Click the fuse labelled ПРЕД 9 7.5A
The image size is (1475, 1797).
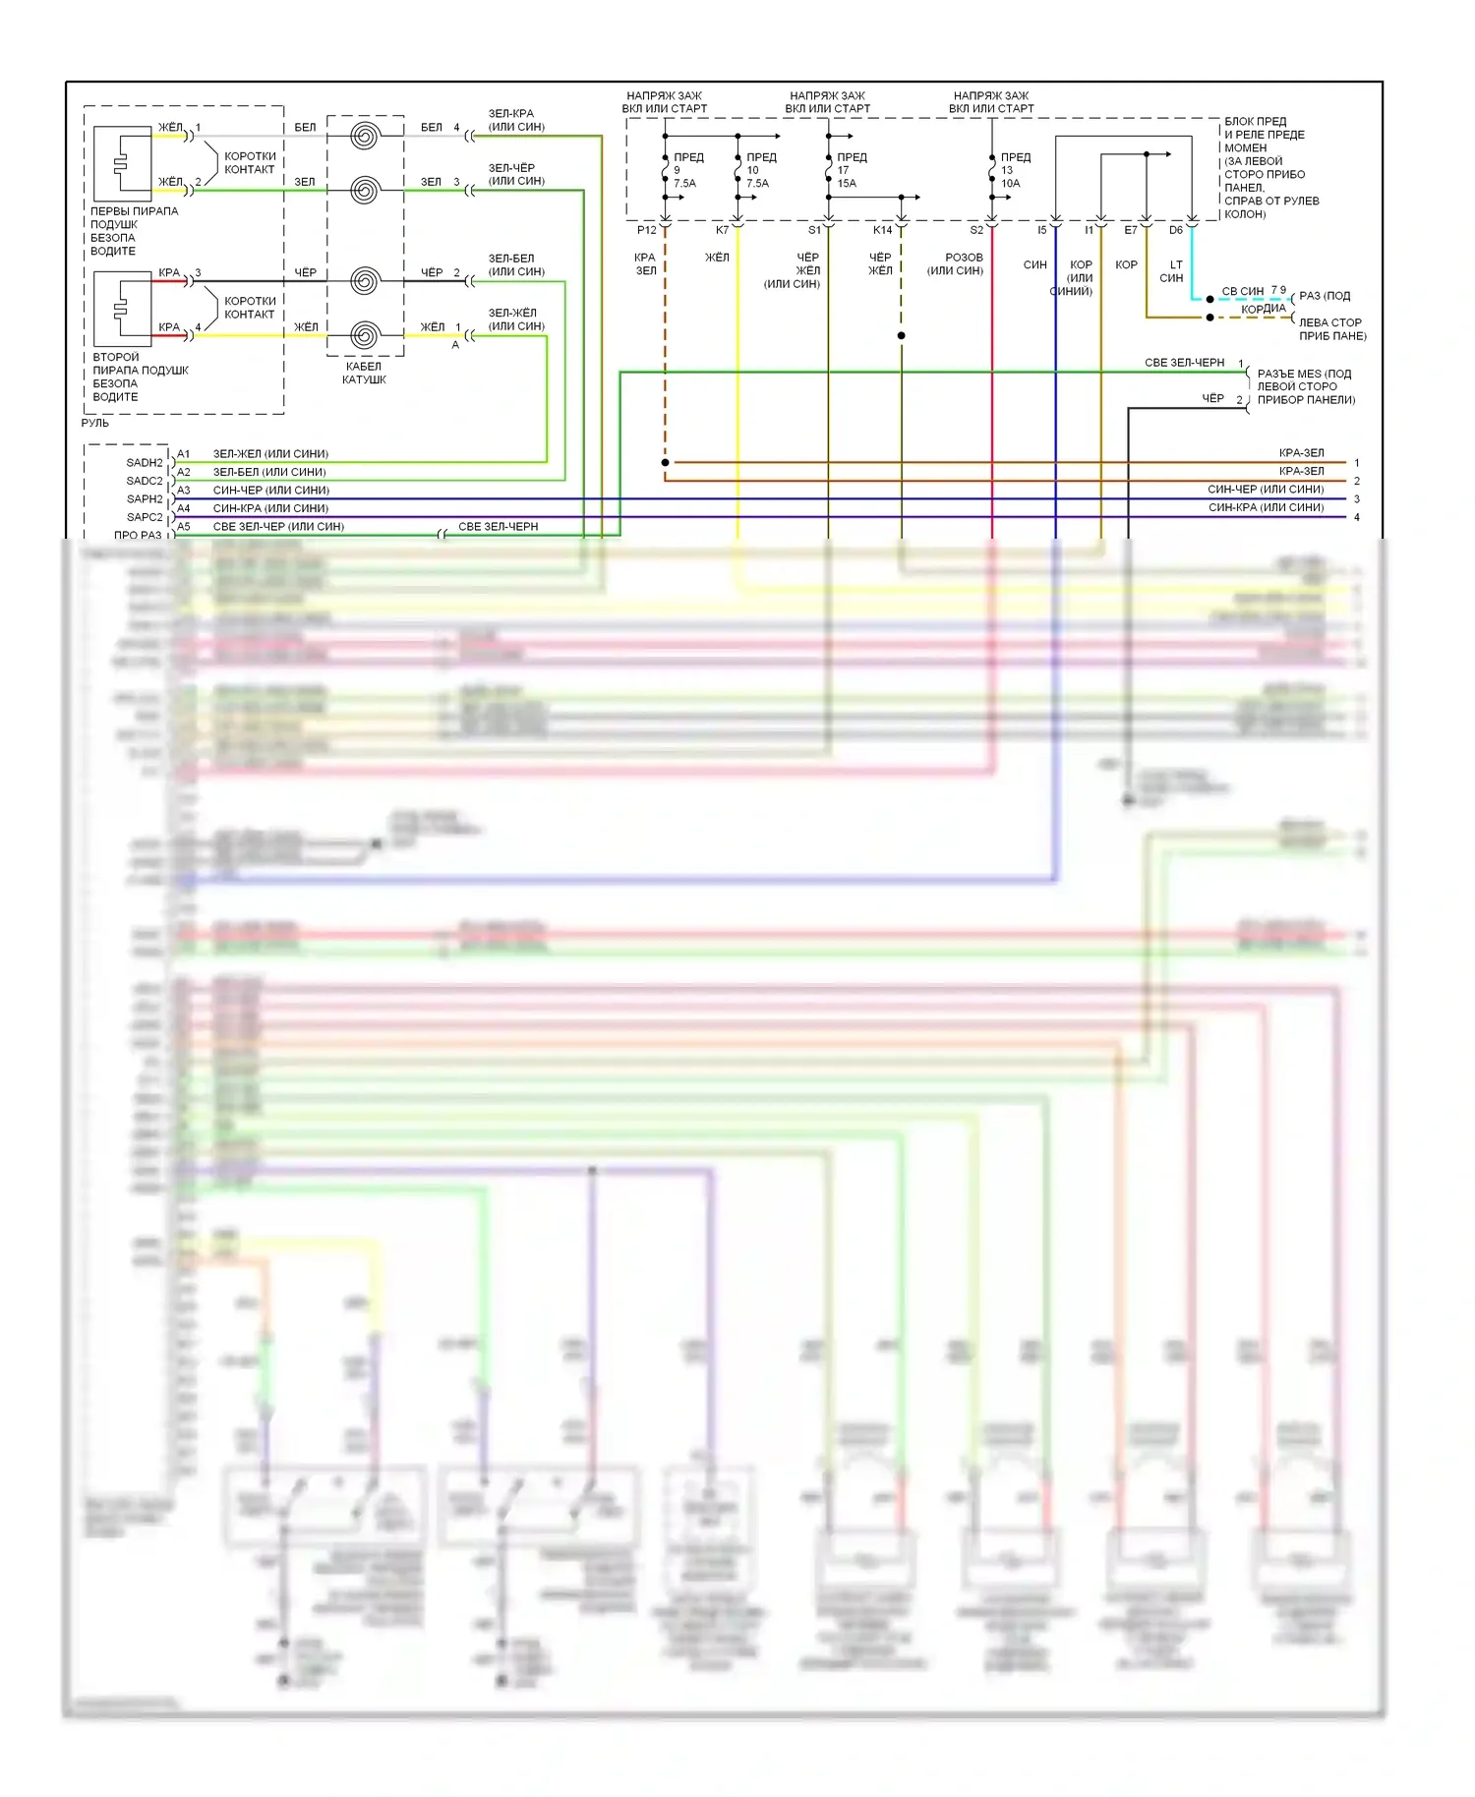(x=666, y=170)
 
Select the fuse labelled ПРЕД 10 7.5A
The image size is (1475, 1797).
(x=738, y=170)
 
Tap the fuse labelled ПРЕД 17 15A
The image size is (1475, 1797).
(x=829, y=170)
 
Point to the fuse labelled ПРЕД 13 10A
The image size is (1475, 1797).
(x=992, y=170)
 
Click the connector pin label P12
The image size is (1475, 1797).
(x=646, y=230)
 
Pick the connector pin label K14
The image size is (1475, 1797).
(x=882, y=230)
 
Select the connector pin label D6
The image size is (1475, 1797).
(x=1176, y=230)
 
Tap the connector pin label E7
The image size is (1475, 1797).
(x=1131, y=230)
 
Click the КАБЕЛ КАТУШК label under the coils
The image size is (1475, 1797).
(x=364, y=373)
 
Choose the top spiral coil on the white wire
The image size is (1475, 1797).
(x=365, y=135)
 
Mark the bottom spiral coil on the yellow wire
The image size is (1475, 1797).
(x=365, y=335)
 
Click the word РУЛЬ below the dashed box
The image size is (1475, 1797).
(x=95, y=423)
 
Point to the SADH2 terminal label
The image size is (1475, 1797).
(x=145, y=462)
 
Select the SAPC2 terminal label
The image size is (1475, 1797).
(x=145, y=517)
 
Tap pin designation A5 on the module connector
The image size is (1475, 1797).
(x=184, y=527)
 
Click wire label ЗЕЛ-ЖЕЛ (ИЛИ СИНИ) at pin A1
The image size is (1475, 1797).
(x=270, y=454)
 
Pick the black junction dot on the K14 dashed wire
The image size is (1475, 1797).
(x=901, y=336)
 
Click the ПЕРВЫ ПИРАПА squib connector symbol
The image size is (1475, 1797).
(x=122, y=164)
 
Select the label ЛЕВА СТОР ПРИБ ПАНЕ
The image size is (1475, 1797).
(x=1332, y=329)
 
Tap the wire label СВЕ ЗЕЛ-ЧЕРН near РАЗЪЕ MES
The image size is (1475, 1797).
(x=1184, y=363)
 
